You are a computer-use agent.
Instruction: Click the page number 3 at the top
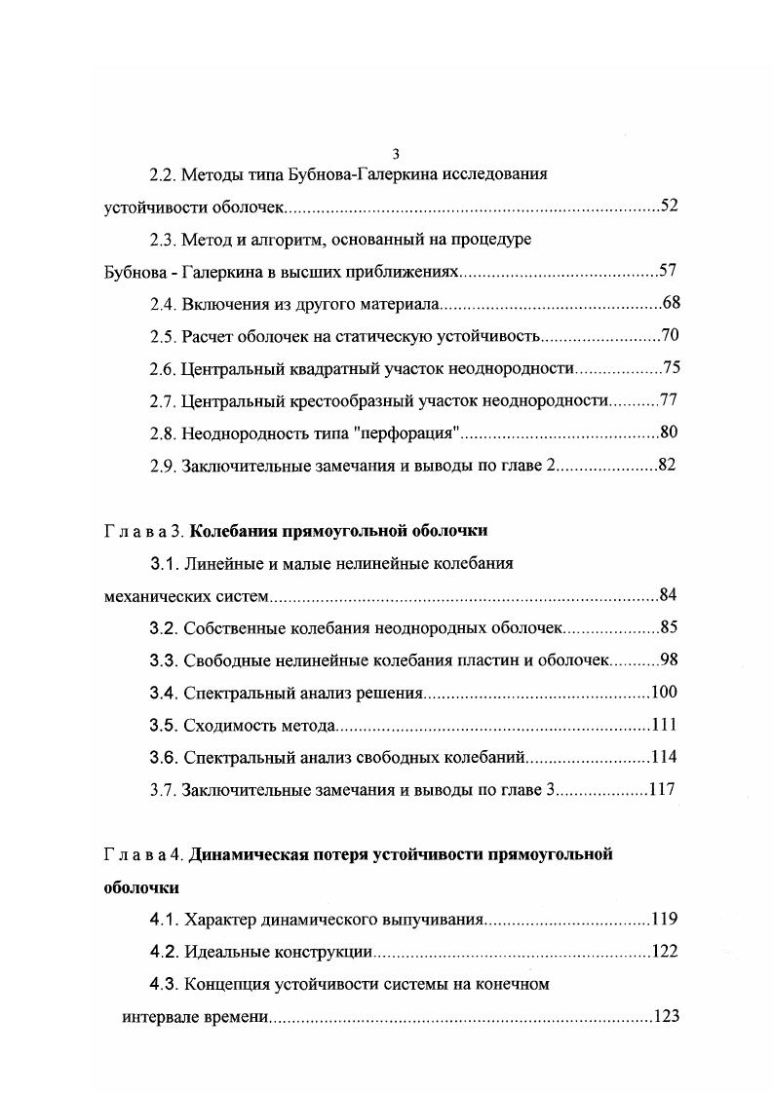(x=395, y=154)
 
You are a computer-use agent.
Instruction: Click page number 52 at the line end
(x=669, y=206)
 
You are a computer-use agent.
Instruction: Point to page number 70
(x=670, y=336)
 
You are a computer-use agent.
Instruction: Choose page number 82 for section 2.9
(x=667, y=465)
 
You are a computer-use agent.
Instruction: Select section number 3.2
(x=163, y=627)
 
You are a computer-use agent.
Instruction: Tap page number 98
(x=669, y=660)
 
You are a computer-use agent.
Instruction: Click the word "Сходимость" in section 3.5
(x=224, y=725)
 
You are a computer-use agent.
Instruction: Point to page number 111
(x=664, y=725)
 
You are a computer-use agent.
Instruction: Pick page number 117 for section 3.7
(x=662, y=789)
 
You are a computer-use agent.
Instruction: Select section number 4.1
(x=163, y=919)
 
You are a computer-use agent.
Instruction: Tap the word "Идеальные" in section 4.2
(x=220, y=952)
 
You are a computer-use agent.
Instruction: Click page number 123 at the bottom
(x=667, y=1016)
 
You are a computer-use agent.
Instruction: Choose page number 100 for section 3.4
(x=664, y=693)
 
